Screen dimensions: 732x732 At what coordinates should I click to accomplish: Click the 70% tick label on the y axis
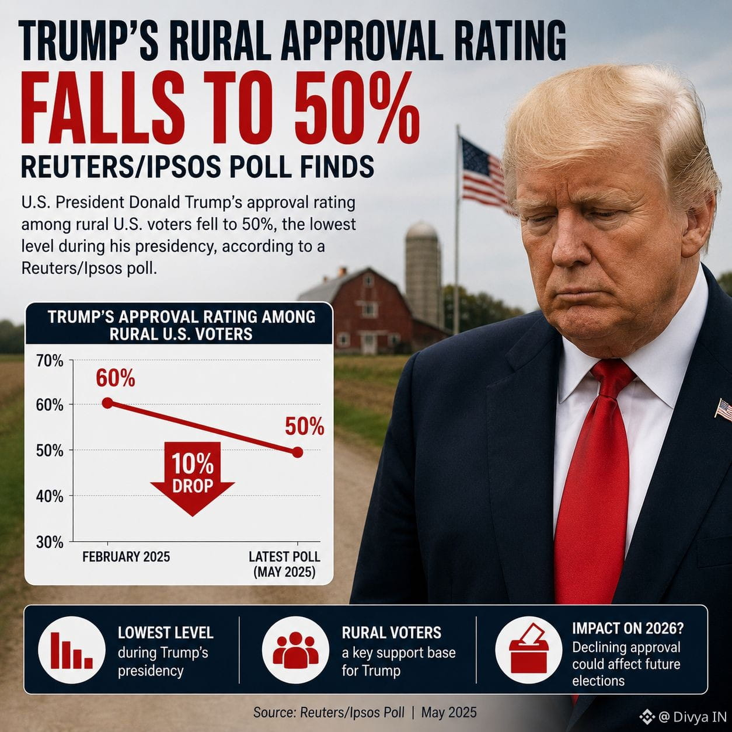[x=50, y=361]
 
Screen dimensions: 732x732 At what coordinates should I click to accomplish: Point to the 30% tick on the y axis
[x=50, y=542]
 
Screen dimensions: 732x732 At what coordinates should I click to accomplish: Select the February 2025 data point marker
[x=107, y=403]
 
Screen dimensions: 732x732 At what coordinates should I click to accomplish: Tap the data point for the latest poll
[x=298, y=452]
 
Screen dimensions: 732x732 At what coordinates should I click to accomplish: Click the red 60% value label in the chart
[x=116, y=378]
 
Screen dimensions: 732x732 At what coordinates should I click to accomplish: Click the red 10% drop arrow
[x=193, y=479]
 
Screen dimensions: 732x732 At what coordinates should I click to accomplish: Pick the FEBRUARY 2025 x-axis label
[x=126, y=557]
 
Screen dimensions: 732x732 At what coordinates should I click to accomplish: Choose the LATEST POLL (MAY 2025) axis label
[x=284, y=564]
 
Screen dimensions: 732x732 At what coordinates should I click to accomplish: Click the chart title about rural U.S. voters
[x=182, y=326]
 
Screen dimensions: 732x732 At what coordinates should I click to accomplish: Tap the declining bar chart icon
[x=72, y=650]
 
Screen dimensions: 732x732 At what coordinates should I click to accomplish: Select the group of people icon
[x=295, y=650]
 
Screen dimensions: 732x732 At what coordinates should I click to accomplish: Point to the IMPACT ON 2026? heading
[x=628, y=629]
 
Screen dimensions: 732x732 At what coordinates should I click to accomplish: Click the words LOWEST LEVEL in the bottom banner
[x=166, y=633]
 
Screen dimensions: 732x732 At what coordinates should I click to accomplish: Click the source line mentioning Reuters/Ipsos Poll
[x=365, y=712]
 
